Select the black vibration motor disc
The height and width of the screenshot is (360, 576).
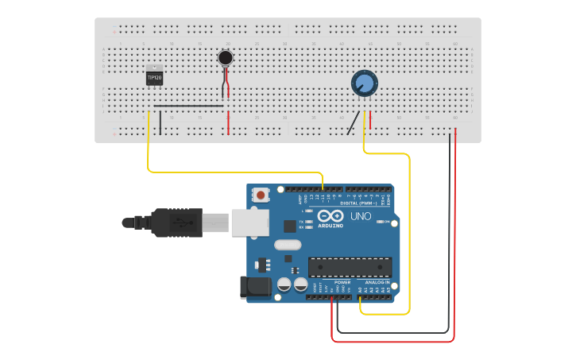tap(226, 57)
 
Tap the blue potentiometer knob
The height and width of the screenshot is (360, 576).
tap(364, 83)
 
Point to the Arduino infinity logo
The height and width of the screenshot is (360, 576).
tap(331, 216)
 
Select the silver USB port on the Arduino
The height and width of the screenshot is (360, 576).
tap(250, 223)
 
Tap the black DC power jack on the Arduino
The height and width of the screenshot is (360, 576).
tap(255, 287)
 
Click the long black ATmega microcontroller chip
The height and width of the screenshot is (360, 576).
tap(350, 267)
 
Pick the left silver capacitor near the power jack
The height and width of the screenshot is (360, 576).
tap(284, 285)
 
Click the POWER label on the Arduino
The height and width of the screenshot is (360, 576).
tap(342, 282)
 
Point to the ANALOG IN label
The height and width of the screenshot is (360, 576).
tap(377, 282)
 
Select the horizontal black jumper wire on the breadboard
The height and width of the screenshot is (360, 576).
tap(188, 105)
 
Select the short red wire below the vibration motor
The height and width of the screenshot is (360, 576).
tap(229, 122)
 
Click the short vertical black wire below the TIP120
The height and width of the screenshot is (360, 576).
tap(160, 122)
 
